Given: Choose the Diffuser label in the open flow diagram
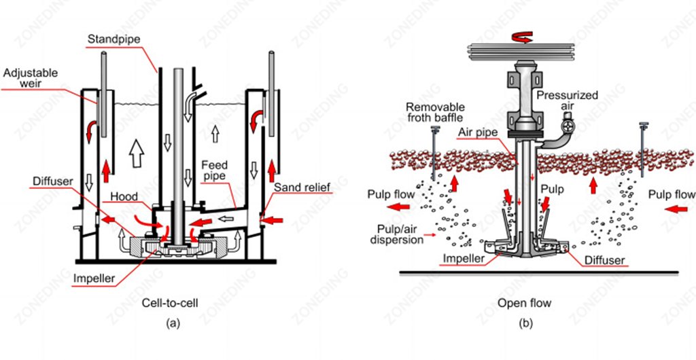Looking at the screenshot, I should point(602,259).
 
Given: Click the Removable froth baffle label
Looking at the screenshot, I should point(436,112).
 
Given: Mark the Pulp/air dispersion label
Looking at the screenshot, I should point(393,233).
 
